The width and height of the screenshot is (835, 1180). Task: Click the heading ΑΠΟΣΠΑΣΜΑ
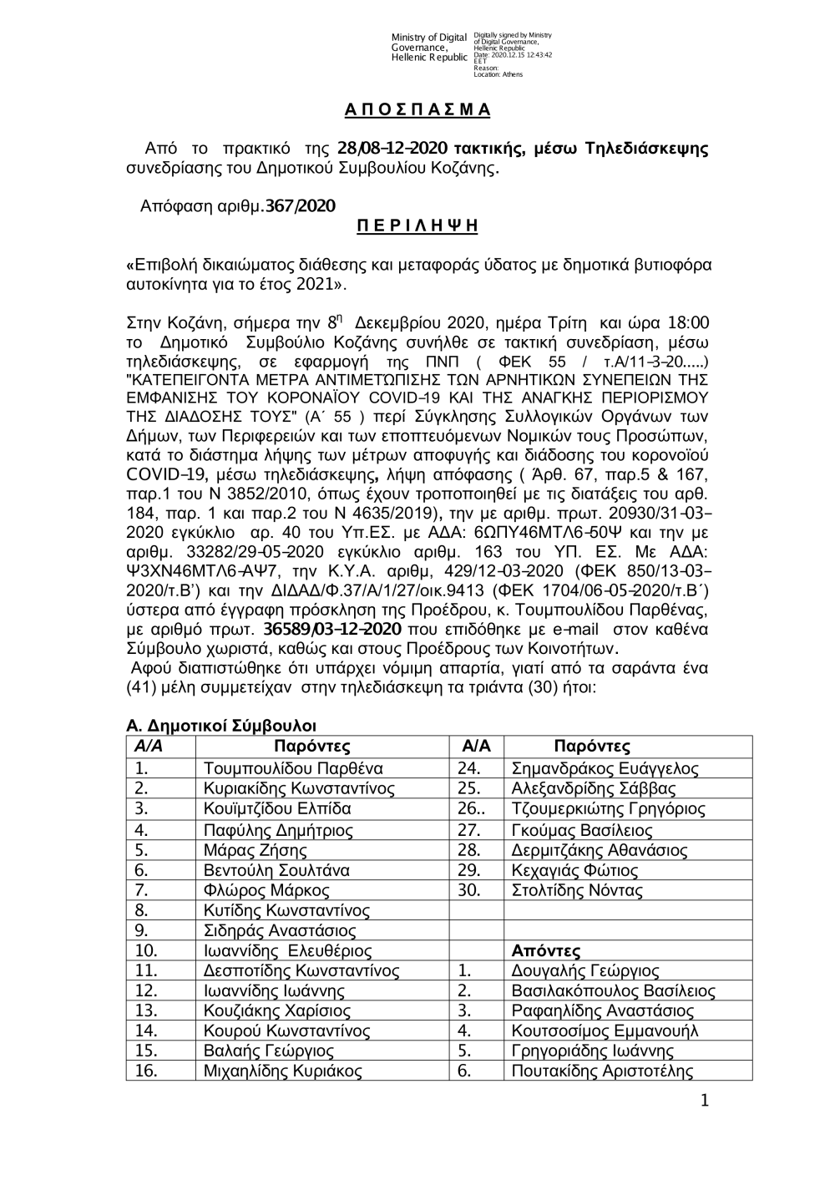point(417,110)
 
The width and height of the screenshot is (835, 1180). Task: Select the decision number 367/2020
point(301,205)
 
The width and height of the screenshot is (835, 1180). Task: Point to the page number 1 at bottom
point(703,1102)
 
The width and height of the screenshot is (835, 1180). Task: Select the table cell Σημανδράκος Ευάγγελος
point(605,768)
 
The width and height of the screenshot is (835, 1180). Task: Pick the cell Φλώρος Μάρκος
point(266,890)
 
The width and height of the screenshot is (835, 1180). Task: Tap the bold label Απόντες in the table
point(545,950)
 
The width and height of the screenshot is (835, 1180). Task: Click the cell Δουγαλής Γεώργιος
point(584,970)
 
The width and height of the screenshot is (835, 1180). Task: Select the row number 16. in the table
point(146,1071)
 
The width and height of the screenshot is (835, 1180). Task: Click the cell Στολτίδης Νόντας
point(577,890)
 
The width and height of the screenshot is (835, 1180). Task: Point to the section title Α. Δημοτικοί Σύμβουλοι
point(220,727)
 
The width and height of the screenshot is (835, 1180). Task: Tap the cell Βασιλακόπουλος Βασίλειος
point(613,991)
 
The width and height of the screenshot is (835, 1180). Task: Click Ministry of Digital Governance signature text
point(429,47)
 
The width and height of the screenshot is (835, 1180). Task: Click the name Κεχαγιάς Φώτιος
point(574,870)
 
